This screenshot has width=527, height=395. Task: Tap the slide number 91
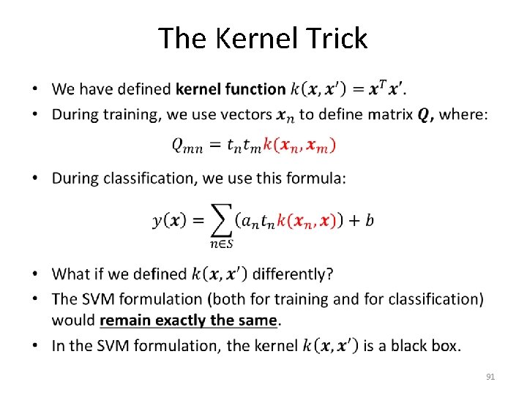click(x=490, y=377)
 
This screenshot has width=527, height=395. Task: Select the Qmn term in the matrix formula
click(x=188, y=146)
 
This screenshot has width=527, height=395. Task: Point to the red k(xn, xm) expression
click(x=299, y=145)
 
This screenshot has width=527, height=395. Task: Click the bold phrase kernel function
click(x=231, y=90)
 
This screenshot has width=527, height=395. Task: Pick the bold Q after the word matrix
click(x=425, y=114)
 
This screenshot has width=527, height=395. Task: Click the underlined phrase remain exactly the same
click(x=190, y=320)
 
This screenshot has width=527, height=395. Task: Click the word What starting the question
click(x=71, y=274)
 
